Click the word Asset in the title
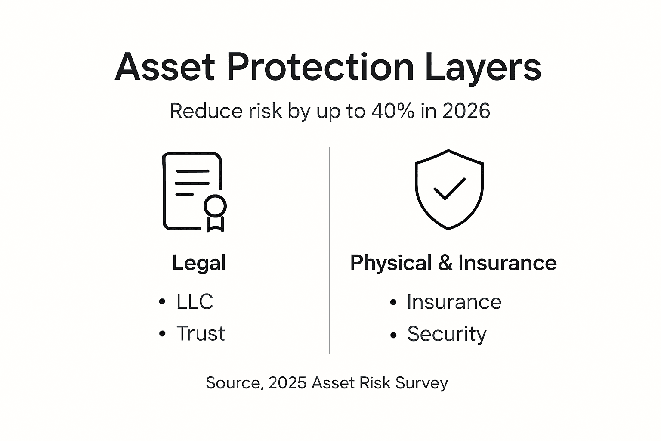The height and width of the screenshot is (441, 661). click(x=165, y=67)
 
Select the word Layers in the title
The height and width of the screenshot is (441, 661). click(x=483, y=68)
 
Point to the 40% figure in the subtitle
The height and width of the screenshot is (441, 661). click(x=393, y=111)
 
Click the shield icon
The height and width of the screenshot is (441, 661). click(x=449, y=189)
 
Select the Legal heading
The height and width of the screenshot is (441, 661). click(x=199, y=263)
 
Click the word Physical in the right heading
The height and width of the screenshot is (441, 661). click(x=391, y=263)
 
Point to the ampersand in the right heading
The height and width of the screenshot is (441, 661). click(x=445, y=263)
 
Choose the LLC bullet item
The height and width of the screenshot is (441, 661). click(x=195, y=301)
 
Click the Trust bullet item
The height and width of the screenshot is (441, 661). click(x=201, y=333)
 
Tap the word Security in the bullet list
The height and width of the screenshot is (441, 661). click(x=447, y=334)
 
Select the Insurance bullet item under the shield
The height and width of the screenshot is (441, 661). click(x=454, y=302)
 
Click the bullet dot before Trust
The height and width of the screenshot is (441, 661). click(x=162, y=334)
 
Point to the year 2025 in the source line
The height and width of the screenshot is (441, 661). click(x=287, y=383)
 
